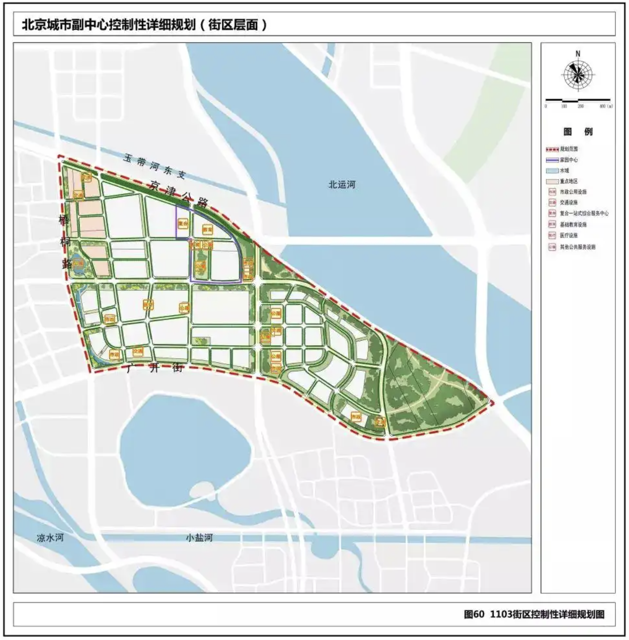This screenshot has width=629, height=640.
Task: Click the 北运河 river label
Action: tap(342, 185)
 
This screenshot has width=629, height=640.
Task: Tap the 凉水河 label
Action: tap(50, 537)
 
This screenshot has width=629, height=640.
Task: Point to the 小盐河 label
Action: tap(199, 537)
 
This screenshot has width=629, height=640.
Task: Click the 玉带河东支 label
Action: tap(154, 166)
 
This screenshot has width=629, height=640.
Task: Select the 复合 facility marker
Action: tap(183, 223)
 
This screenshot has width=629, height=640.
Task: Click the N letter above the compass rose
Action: tap(578, 54)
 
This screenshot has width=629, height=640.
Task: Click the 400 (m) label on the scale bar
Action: tap(606, 107)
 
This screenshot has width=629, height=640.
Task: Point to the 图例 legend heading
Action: tap(578, 132)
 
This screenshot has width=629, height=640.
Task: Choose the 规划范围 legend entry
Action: tap(569, 149)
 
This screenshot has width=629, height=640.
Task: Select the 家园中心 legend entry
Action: tap(569, 160)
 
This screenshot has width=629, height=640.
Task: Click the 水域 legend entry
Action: tap(564, 171)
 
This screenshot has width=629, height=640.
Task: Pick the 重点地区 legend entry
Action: tap(569, 181)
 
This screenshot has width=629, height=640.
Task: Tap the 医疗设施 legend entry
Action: tap(569, 235)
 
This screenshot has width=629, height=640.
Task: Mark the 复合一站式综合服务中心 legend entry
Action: tap(584, 213)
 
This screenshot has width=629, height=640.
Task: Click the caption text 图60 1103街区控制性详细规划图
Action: tap(534, 614)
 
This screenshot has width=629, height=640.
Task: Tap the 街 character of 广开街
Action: tap(178, 368)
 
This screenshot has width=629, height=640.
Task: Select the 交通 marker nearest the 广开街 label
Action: tap(137, 351)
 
